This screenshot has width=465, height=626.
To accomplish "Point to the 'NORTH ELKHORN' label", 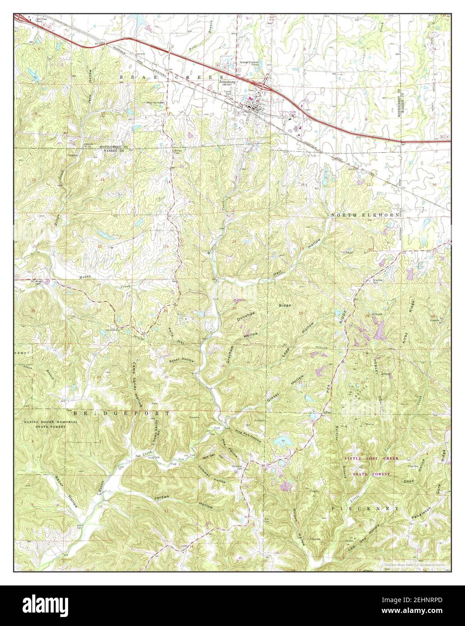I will coord(366,216).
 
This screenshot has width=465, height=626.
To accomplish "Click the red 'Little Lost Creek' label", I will coord(372,458).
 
